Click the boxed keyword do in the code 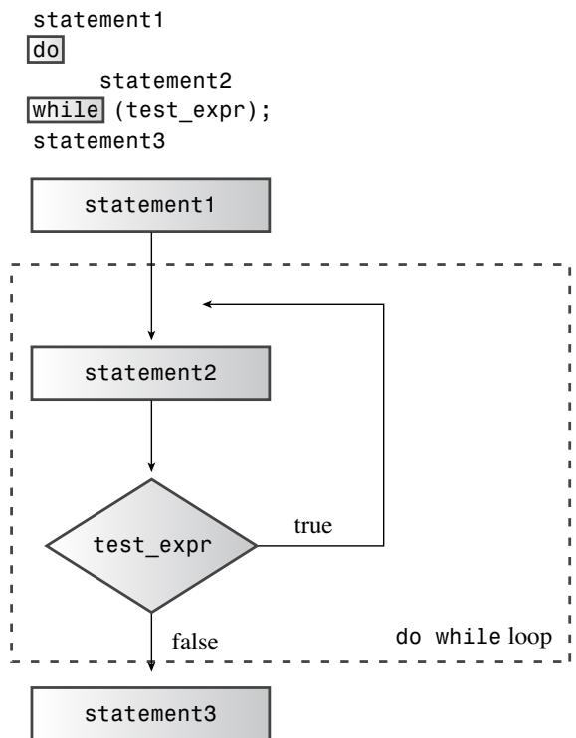pyautogui.click(x=46, y=50)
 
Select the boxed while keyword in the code pyautogui.click(x=66, y=110)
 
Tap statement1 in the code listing pyautogui.click(x=98, y=20)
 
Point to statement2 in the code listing pyautogui.click(x=166, y=81)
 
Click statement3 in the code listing pyautogui.click(x=98, y=141)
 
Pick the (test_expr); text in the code pyautogui.click(x=192, y=111)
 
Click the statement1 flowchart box pyautogui.click(x=150, y=205)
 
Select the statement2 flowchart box pyautogui.click(x=150, y=373)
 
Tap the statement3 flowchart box pyautogui.click(x=150, y=712)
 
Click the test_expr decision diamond pyautogui.click(x=151, y=546)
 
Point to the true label pyautogui.click(x=313, y=526)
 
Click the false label pyautogui.click(x=195, y=642)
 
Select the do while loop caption pyautogui.click(x=474, y=637)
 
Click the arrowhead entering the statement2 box pyautogui.click(x=151, y=334)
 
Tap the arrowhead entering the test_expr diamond pyautogui.click(x=151, y=466)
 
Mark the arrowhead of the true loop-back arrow pyautogui.click(x=208, y=304)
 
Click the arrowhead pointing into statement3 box pyautogui.click(x=151, y=666)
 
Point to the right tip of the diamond pyautogui.click(x=257, y=546)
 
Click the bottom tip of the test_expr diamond pyautogui.click(x=151, y=613)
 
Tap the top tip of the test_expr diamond pyautogui.click(x=151, y=479)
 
